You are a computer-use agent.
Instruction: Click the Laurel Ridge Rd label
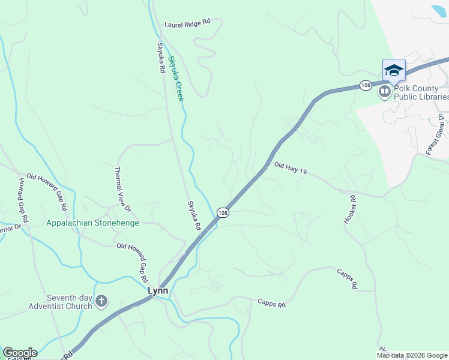coord(188,23)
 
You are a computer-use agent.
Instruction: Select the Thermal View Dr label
coord(122,189)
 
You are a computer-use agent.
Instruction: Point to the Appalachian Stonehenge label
coord(93,223)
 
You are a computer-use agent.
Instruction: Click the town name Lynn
coord(158,290)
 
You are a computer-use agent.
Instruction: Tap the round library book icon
coord(384,92)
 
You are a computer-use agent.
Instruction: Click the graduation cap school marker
coord(394,70)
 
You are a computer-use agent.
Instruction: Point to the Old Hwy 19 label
coord(291,168)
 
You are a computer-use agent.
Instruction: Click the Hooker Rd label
coord(350,210)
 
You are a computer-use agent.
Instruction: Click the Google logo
coord(20,353)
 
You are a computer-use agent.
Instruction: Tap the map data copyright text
coord(412,355)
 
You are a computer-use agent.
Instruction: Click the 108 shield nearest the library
coord(366,86)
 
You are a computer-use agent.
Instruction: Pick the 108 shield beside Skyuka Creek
coord(223,213)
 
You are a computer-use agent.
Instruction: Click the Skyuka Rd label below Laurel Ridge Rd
coord(161,58)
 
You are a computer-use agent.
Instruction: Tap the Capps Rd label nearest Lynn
coord(271,304)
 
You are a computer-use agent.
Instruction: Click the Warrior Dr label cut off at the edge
coord(10,228)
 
